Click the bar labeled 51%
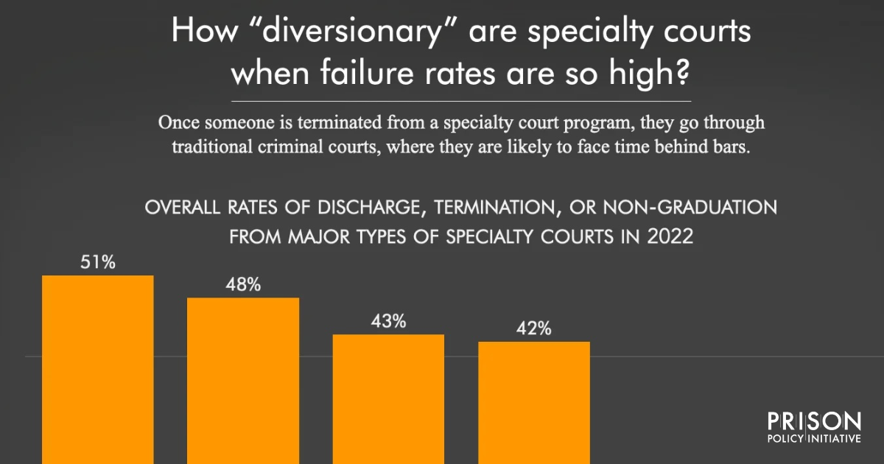[x=98, y=368]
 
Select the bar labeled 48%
[x=243, y=379]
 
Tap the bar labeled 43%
[x=388, y=398]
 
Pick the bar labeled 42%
[x=534, y=401]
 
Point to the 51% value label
[x=98, y=262]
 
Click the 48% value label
[x=243, y=285]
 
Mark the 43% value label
[x=388, y=321]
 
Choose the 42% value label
[x=534, y=329]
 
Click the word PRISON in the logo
[x=814, y=421]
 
